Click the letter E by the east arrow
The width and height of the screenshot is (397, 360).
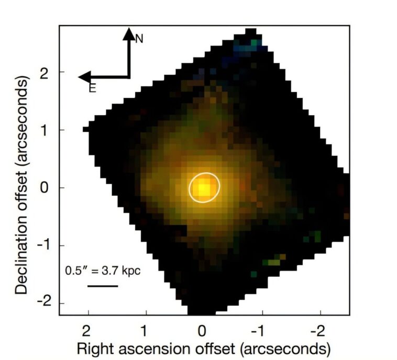coord(92,88)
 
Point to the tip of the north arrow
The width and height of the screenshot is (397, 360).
coord(129,30)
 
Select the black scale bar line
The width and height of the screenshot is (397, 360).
coord(103,286)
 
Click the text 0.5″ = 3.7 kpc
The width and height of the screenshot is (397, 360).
coord(103,271)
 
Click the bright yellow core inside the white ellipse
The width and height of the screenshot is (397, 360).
coord(204,187)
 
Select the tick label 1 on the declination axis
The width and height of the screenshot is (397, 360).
coord(47,130)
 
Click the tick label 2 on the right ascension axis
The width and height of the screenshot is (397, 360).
coord(88,330)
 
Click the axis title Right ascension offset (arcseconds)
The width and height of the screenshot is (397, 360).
coord(204,348)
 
